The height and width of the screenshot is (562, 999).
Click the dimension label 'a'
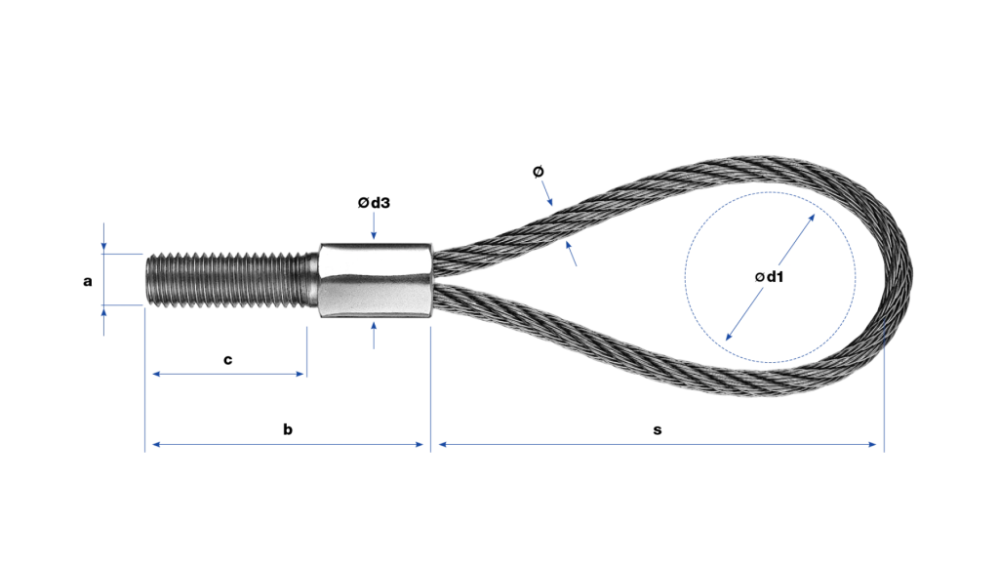pos(87,281)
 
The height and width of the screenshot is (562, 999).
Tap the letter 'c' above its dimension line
pos(228,360)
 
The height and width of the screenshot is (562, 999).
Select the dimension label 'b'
pos(288,429)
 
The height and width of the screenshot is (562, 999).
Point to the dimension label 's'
pos(658,430)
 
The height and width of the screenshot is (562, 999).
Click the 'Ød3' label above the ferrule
pos(374,203)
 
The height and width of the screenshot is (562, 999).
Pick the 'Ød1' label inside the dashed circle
pos(769,276)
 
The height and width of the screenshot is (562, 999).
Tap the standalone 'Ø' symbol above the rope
pos(539,172)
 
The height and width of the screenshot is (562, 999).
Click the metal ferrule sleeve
pos(376,280)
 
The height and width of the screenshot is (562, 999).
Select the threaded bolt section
pos(232,280)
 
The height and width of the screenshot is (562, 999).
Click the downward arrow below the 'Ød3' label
pos(374,226)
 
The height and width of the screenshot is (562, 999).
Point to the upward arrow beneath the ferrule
pos(374,336)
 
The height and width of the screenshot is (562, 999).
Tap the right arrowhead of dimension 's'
pos(873,444)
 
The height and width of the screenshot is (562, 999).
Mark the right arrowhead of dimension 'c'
pos(300,374)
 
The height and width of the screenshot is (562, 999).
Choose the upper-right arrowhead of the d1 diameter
pos(811,219)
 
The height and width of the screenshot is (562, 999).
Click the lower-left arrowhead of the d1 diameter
pos(730,336)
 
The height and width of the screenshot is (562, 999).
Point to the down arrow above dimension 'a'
pos(103,237)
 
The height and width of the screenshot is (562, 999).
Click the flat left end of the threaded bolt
pos(147,280)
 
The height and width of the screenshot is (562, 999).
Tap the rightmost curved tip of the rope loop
pos(912,276)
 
